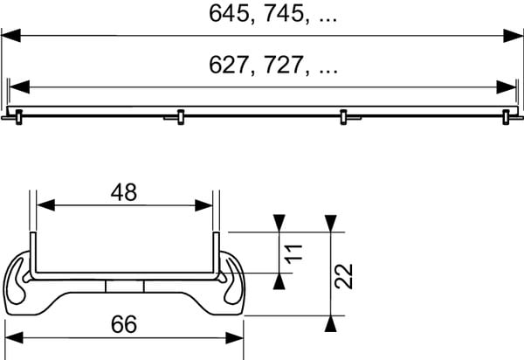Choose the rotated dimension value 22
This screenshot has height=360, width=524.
click(345, 277)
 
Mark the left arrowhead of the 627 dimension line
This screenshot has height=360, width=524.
click(17, 87)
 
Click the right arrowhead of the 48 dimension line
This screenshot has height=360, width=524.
click(205, 205)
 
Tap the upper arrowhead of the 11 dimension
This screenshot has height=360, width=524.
click(279, 223)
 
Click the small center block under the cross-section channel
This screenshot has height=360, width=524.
click(123, 287)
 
